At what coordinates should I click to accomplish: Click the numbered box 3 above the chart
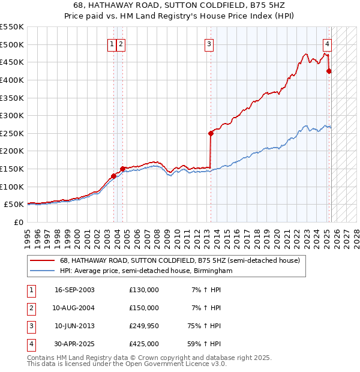(209, 43)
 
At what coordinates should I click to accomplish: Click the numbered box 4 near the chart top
(328, 43)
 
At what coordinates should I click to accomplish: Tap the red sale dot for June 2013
(211, 133)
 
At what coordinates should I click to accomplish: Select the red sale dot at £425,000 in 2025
(329, 71)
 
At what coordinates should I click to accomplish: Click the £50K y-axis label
(14, 205)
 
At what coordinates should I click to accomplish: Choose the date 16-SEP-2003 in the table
(74, 290)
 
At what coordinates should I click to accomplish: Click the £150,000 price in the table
(144, 308)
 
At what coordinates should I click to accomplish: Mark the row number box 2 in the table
(31, 308)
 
